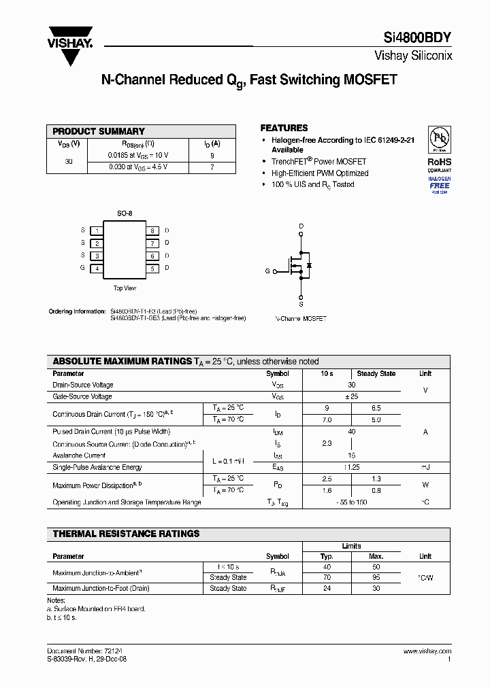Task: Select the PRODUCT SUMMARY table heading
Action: click(x=99, y=131)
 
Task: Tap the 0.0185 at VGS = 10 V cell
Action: click(x=138, y=155)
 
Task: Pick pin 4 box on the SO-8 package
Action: click(x=97, y=269)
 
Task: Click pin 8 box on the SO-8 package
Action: click(x=152, y=231)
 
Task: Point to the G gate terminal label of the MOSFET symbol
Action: click(x=267, y=271)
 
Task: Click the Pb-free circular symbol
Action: click(x=439, y=139)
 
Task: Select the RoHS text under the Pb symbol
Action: click(x=439, y=162)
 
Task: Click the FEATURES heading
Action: click(x=284, y=128)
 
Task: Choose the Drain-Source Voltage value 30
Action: click(x=351, y=385)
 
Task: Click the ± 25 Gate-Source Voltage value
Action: click(x=351, y=396)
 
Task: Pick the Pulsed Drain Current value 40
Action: click(x=351, y=432)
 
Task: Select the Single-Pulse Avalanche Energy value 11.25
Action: click(x=351, y=467)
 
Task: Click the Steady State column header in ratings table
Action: click(x=376, y=373)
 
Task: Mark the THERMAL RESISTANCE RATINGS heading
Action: click(x=126, y=534)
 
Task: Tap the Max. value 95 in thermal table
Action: click(x=376, y=577)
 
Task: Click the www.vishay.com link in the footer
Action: click(x=427, y=651)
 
